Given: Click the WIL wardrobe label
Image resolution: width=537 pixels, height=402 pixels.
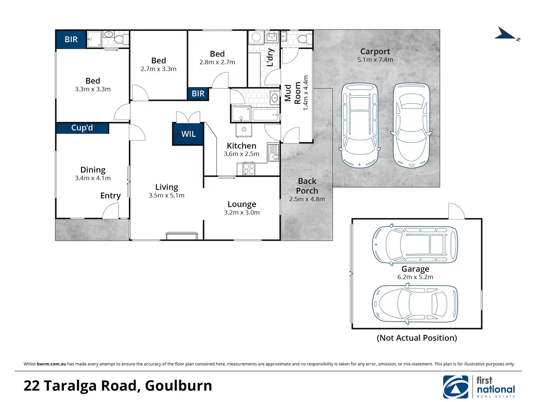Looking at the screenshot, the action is pos(188,134).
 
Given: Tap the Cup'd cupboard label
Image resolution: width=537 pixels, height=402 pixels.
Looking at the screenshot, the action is pos(82,128).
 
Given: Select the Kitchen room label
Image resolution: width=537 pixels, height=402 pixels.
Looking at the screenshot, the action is pos(242,146).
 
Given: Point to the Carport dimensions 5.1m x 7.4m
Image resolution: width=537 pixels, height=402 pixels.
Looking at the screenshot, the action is pos(375,60).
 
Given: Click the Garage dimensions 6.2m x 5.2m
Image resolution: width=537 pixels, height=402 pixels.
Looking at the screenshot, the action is pos(415,277).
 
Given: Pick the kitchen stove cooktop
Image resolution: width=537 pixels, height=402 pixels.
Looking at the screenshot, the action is pos(249,169).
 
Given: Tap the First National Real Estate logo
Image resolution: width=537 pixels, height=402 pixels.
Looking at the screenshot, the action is pos(479,387).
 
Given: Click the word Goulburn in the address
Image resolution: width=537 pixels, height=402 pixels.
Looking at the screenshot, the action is pos(178,386).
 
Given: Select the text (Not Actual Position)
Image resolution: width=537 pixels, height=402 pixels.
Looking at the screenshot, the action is pos(417,338).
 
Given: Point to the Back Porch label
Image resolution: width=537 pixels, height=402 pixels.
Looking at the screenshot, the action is pos(307,186).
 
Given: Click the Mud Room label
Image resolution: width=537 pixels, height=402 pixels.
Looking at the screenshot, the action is pos(293,93).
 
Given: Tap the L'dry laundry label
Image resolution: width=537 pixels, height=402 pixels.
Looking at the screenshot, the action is pos(270,58).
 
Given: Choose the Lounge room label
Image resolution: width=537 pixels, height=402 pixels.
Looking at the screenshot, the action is pos(242,204).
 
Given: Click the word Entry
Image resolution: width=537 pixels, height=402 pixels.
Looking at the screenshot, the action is pos(110,196).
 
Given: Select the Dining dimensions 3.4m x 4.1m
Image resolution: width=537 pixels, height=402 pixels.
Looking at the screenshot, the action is pos(93,178).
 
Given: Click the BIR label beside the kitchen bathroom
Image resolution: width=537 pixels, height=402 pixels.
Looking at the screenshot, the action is pos(198,94).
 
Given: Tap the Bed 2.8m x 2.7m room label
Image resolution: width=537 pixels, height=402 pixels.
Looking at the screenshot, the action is pos(217,54).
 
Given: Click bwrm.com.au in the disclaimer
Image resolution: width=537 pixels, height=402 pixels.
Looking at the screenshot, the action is pos(51,364).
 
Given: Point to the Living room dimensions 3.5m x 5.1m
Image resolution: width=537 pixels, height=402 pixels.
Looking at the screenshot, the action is pos(166,196).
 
